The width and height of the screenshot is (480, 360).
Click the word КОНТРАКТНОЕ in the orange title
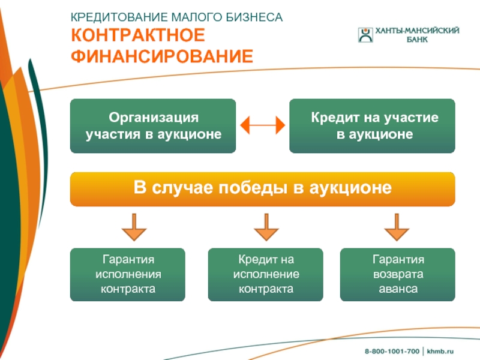click(x=138, y=35)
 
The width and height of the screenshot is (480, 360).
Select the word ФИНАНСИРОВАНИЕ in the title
click(x=162, y=56)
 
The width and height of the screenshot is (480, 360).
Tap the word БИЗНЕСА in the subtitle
click(x=254, y=17)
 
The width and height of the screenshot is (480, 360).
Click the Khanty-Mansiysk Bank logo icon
click(x=365, y=35)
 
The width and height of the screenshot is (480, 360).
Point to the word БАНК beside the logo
click(x=417, y=40)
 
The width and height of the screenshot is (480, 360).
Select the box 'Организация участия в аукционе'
click(x=153, y=126)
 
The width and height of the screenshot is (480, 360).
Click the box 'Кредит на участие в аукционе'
click(x=372, y=126)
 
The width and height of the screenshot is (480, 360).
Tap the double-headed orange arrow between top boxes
click(x=263, y=125)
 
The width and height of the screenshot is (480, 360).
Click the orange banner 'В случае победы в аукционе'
click(x=263, y=189)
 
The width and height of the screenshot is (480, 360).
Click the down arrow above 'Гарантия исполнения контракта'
click(x=134, y=227)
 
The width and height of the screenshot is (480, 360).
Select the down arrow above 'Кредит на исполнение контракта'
click(x=266, y=227)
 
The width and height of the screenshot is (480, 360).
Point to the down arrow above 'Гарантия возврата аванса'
click(x=397, y=227)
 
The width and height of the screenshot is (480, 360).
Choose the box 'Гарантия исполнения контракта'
click(x=128, y=275)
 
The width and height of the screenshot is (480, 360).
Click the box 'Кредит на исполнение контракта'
click(x=265, y=275)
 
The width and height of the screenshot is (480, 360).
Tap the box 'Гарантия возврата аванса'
click(x=398, y=275)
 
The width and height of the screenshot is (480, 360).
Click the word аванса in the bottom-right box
click(x=398, y=289)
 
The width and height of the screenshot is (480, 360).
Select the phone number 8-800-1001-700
click(x=392, y=351)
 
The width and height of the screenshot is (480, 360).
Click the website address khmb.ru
click(x=440, y=351)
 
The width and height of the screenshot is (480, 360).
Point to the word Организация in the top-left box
click(x=154, y=118)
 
